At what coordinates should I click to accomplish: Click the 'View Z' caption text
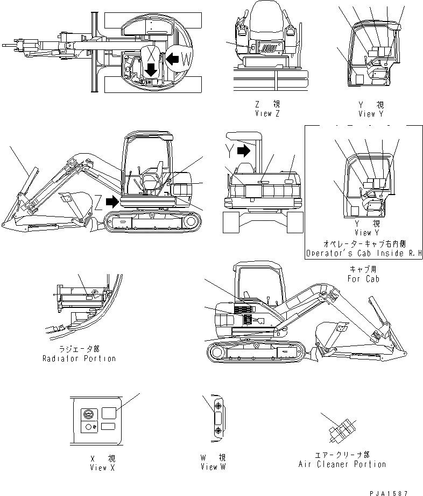[x=267, y=114]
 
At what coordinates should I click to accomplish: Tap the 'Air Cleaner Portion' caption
[x=342, y=464]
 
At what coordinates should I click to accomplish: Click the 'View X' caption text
[x=102, y=468]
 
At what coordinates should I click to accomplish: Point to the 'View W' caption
[x=213, y=468]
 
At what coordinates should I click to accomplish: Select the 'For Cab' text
[x=363, y=279]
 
